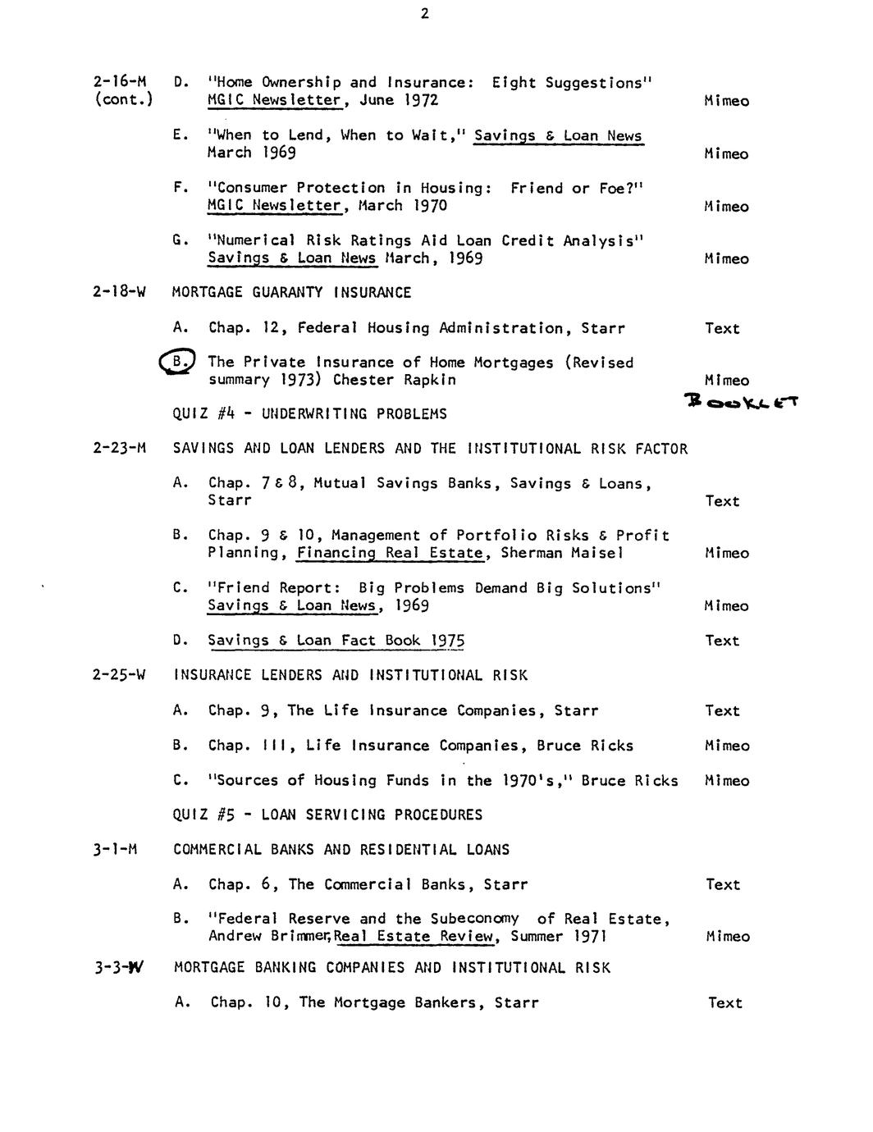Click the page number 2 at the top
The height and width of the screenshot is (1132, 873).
pos(424,13)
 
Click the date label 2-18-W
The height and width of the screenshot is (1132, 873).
pos(119,293)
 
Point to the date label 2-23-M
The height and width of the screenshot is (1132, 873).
pos(120,449)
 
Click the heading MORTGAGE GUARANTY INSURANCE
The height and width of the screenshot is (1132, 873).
pos(292,293)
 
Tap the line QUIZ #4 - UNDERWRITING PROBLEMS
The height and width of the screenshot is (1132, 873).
pos(310,414)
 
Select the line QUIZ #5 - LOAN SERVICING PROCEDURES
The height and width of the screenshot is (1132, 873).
pos(327,815)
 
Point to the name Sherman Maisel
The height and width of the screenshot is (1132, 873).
pos(562,553)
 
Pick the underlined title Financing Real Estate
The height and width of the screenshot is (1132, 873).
pos(390,553)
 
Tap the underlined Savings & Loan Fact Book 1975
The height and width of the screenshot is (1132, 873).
pos(336,641)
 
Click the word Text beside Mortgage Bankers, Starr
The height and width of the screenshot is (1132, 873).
pos(724,1003)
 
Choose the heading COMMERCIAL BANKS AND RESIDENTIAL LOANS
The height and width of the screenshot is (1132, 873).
pos(341,850)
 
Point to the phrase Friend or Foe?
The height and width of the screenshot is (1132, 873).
pos(577,189)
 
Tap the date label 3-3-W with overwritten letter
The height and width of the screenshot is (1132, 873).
pos(118,968)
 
